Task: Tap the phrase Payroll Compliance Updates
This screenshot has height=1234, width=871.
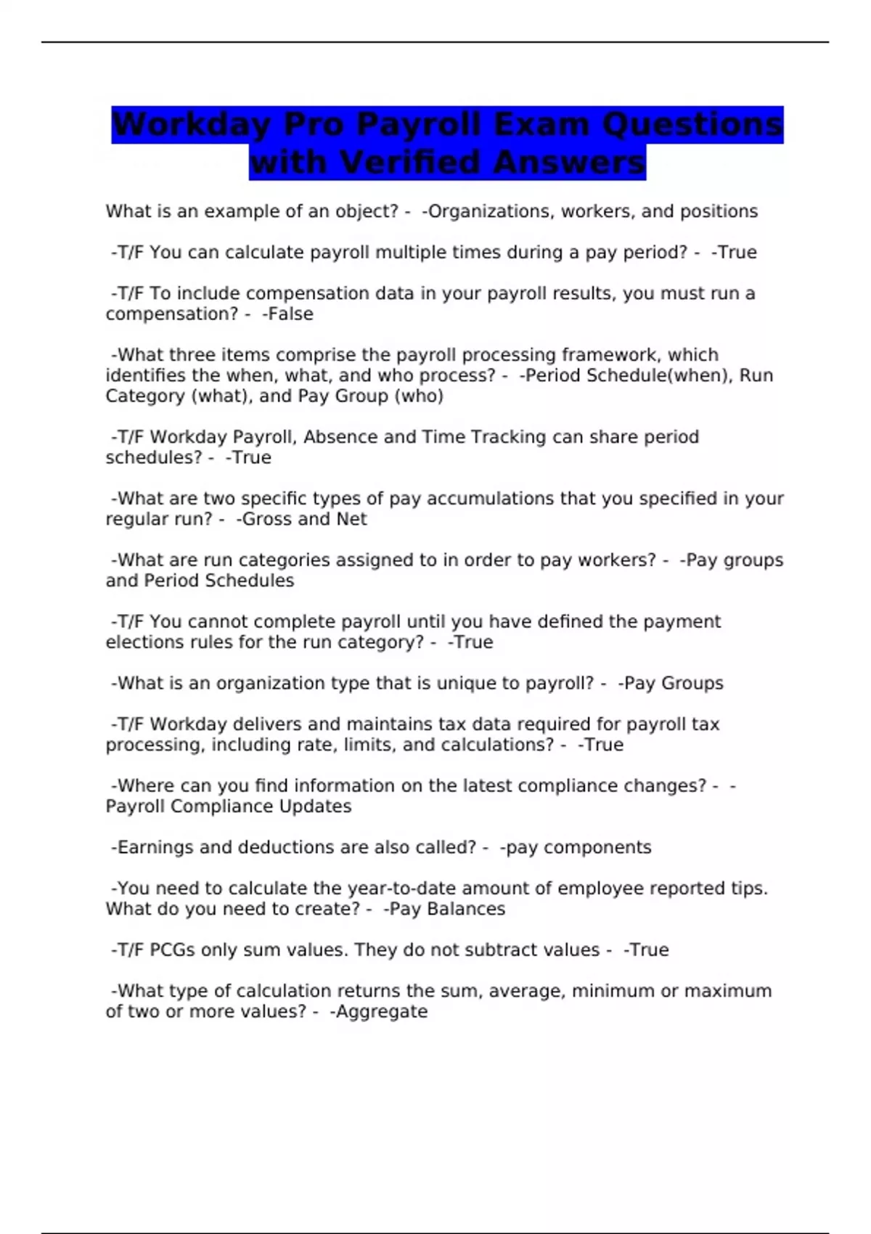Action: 229,806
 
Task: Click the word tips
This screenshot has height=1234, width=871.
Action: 750,888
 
